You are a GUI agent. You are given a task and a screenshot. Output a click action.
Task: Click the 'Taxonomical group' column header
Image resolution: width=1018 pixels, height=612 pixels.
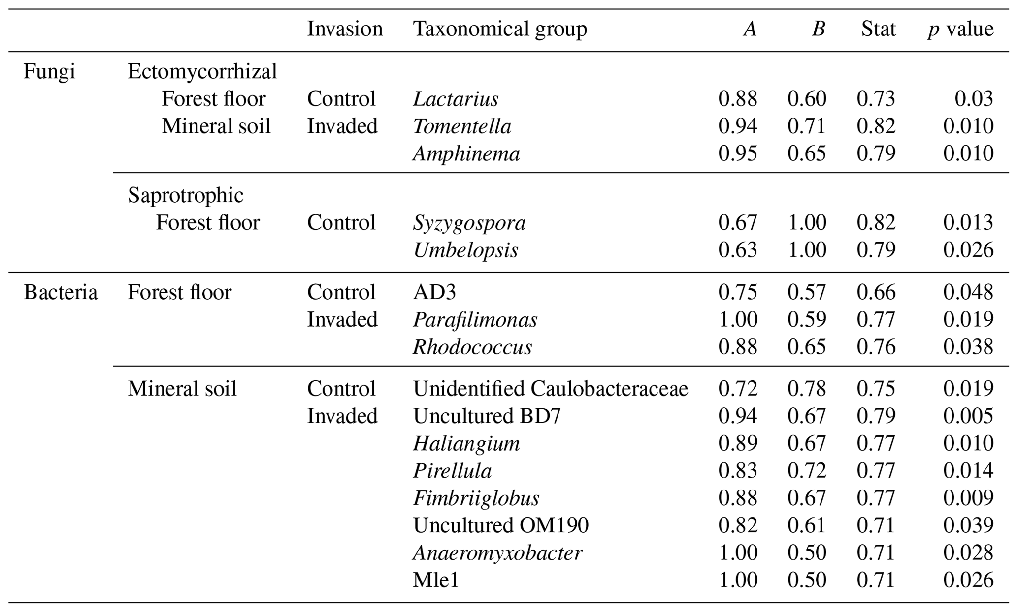click(499, 29)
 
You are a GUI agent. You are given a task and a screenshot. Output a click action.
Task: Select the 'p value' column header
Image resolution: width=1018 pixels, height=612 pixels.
click(960, 29)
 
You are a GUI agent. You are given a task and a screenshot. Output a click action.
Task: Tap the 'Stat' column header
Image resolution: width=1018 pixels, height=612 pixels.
click(878, 29)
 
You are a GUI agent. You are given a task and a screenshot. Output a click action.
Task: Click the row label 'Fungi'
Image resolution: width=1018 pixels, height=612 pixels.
click(49, 72)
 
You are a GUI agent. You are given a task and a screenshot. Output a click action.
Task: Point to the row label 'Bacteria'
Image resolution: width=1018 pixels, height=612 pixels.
click(61, 292)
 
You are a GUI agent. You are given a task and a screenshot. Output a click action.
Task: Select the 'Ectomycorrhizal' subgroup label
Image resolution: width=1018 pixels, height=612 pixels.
click(202, 72)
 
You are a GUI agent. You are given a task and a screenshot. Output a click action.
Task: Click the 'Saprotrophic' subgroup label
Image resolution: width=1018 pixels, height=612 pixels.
click(186, 195)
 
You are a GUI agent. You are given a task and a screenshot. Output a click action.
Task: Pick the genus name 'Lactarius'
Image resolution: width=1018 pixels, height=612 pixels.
click(456, 99)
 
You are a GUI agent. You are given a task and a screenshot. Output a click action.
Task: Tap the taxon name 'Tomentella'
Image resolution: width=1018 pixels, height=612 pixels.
click(462, 126)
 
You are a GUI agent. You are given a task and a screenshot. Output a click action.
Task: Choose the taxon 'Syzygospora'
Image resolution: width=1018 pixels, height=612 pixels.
click(469, 223)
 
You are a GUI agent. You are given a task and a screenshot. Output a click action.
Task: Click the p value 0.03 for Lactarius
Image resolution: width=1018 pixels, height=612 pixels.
click(974, 99)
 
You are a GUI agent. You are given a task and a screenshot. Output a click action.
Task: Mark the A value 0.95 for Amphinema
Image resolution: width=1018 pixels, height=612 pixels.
click(737, 153)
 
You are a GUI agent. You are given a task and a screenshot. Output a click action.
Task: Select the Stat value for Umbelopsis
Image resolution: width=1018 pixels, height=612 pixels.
click(876, 250)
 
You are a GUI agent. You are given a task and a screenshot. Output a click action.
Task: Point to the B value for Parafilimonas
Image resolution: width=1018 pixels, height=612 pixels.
click(806, 320)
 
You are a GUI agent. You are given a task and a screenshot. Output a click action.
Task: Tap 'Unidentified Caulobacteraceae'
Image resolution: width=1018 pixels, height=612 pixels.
click(550, 389)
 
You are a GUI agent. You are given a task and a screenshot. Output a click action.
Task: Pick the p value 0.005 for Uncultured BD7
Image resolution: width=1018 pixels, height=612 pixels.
click(968, 416)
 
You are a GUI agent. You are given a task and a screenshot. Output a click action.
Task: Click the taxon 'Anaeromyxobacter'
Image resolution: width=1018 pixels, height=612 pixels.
click(497, 553)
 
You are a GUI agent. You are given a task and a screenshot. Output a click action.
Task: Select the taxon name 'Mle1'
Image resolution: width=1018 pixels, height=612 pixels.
click(436, 581)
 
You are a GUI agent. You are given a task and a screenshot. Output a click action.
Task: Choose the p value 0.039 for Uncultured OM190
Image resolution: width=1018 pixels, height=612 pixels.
click(968, 525)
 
